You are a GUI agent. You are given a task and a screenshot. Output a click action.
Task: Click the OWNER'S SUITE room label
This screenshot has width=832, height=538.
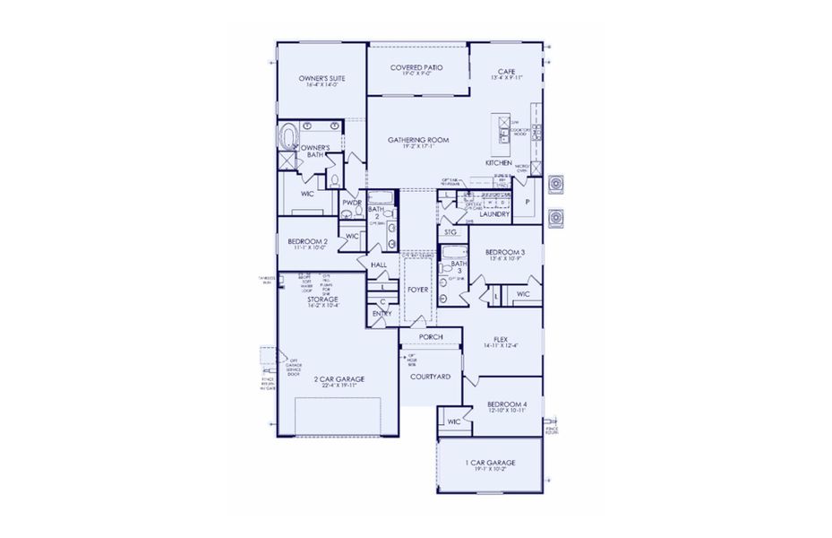pyautogui.click(x=322, y=79)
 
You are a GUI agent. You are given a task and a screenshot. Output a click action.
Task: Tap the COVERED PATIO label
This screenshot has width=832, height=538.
pyautogui.click(x=418, y=68)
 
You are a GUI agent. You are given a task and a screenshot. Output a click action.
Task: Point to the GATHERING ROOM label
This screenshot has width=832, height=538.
pyautogui.click(x=418, y=141)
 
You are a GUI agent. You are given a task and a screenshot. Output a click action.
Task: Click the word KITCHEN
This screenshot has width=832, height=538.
pyautogui.click(x=499, y=164)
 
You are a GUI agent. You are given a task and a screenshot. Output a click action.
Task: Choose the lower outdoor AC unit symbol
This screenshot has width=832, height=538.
pyautogui.click(x=557, y=217)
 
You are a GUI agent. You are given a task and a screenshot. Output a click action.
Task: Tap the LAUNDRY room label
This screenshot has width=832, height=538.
pyautogui.click(x=494, y=214)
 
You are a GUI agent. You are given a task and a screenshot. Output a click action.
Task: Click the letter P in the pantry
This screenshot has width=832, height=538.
pyautogui.click(x=527, y=203)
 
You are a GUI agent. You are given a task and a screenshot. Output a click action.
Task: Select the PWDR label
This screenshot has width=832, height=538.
pyautogui.click(x=351, y=204)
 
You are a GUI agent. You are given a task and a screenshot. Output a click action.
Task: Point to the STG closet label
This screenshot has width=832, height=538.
pyautogui.click(x=451, y=232)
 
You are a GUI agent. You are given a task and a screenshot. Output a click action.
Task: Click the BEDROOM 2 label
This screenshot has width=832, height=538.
pyautogui.click(x=307, y=242)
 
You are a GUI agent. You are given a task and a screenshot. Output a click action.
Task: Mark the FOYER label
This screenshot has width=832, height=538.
pyautogui.click(x=418, y=291)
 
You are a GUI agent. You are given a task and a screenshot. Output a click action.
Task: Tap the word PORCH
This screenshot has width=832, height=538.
pyautogui.click(x=431, y=337)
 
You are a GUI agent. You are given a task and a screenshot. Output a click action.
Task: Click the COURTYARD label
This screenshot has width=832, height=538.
pyautogui.click(x=430, y=377)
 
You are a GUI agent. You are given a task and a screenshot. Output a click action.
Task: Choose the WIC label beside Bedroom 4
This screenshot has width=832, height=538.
pyautogui.click(x=453, y=421)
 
